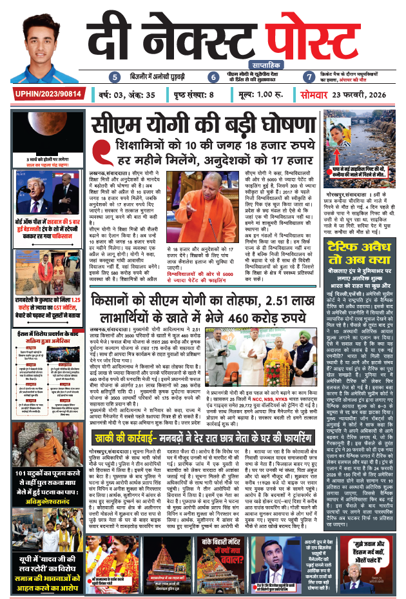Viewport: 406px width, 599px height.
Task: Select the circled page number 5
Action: click(x=115, y=77)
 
